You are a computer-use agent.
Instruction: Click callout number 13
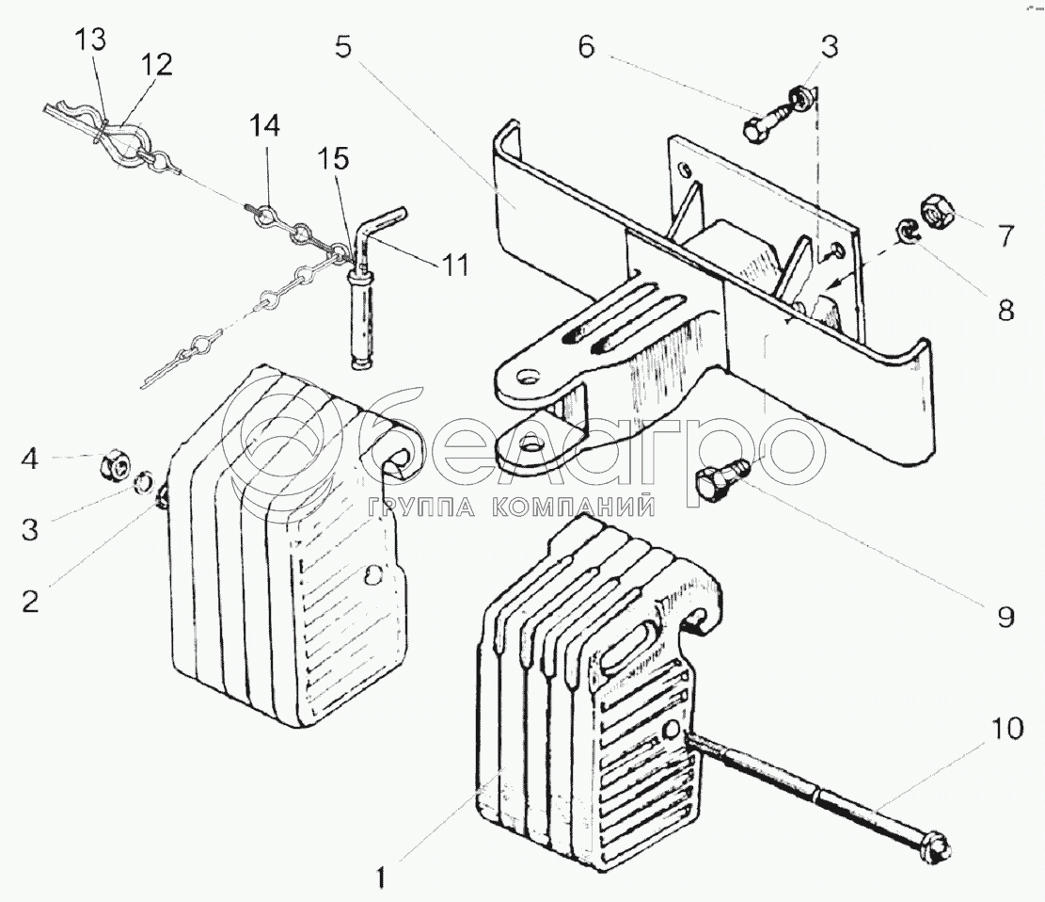[90, 40]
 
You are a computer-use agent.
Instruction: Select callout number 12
[156, 65]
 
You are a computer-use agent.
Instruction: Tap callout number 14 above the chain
[264, 126]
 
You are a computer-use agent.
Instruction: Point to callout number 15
[333, 159]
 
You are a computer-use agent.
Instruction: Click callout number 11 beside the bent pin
[453, 266]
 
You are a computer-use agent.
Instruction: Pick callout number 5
[343, 48]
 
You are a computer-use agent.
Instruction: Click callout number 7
[1005, 236]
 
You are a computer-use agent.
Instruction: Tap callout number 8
[1005, 310]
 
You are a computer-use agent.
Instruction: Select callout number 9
[1005, 617]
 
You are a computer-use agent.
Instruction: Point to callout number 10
[1007, 729]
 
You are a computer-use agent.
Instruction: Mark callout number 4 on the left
[30, 459]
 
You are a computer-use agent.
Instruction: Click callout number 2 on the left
[30, 602]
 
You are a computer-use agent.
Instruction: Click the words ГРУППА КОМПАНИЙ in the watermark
[511, 508]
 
